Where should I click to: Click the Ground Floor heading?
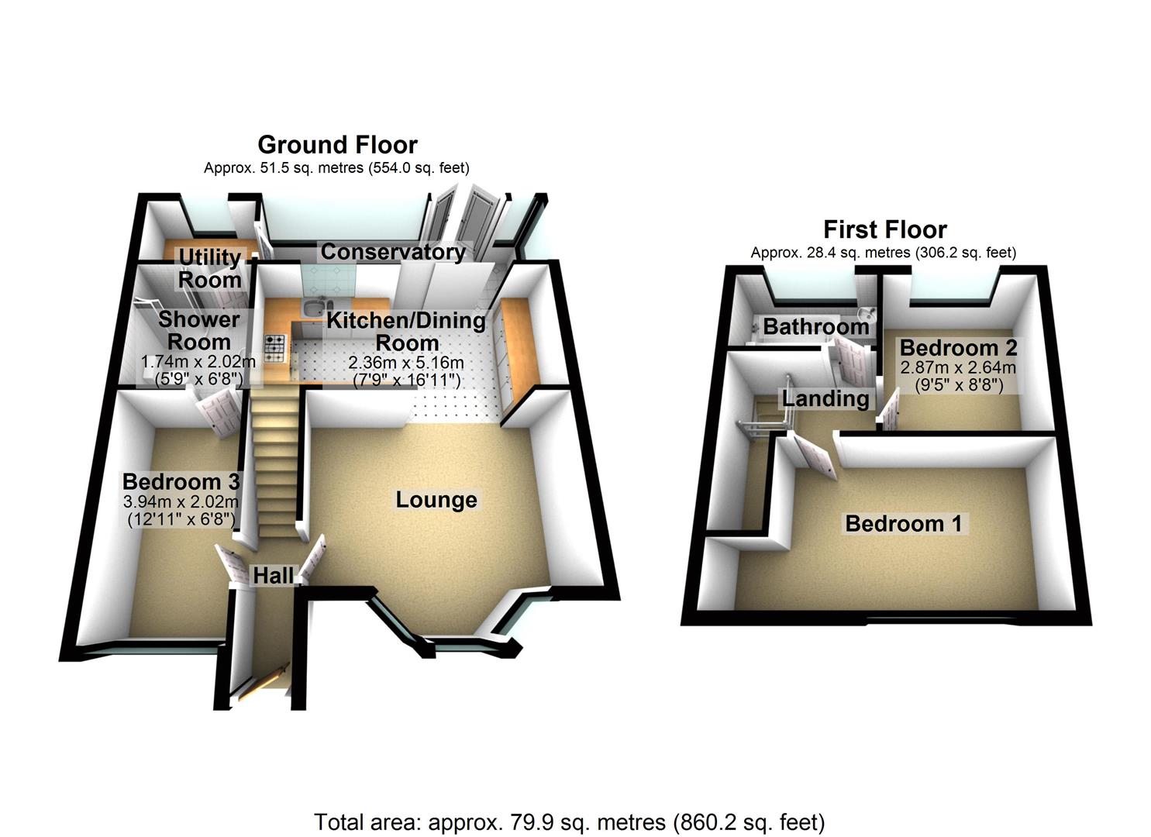click(x=337, y=145)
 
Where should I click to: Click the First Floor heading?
click(x=884, y=229)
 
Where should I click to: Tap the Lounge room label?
click(x=436, y=500)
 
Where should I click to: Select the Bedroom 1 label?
click(x=903, y=524)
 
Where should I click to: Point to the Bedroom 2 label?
click(x=958, y=347)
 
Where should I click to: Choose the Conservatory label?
click(x=393, y=252)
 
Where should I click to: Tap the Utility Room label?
click(x=209, y=268)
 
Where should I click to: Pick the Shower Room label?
click(x=198, y=330)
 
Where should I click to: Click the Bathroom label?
click(x=815, y=326)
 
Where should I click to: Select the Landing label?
click(x=825, y=398)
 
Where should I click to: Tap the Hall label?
click(x=274, y=575)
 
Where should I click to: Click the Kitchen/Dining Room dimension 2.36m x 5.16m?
click(x=406, y=363)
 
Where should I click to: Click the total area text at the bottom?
click(x=569, y=821)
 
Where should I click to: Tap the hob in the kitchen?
click(x=275, y=348)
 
